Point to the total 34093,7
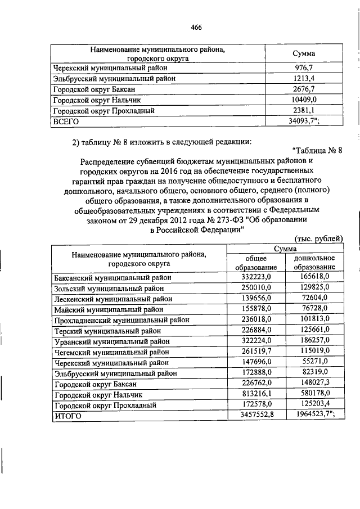tap(304, 121)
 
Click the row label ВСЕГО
tap(66, 121)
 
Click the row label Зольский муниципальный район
tap(108, 288)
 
